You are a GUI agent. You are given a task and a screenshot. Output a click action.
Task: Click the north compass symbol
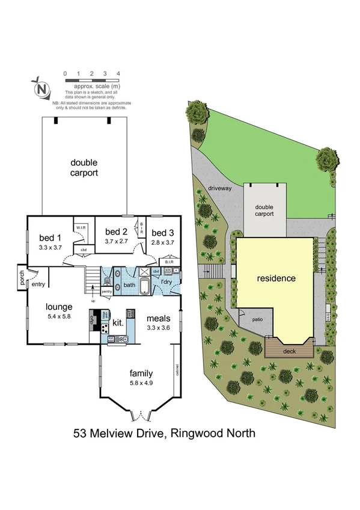pyautogui.click(x=41, y=88)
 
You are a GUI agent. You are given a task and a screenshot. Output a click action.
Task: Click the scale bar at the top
pyautogui.click(x=91, y=79)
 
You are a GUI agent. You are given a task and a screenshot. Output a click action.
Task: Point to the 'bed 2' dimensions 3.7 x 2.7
pyautogui.click(x=117, y=241)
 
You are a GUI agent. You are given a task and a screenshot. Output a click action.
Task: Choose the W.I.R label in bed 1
pyautogui.click(x=80, y=227)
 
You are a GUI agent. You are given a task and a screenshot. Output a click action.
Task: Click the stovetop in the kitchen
pyautogui.click(x=104, y=328)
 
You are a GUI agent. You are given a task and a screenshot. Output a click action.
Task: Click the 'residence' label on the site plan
pyautogui.click(x=276, y=278)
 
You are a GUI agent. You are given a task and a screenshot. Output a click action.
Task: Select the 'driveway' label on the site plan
pyautogui.click(x=219, y=189)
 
